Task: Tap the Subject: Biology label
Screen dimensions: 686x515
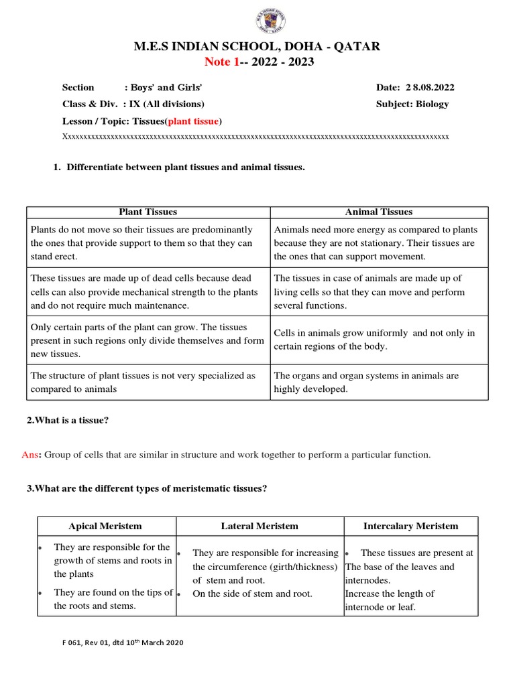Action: (x=413, y=104)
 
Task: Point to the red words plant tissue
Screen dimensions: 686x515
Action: (x=193, y=121)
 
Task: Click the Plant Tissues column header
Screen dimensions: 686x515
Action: (x=148, y=212)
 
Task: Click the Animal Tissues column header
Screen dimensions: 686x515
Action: (x=379, y=212)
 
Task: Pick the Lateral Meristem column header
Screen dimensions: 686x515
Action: (x=260, y=526)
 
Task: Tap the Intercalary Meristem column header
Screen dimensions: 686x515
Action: (x=410, y=526)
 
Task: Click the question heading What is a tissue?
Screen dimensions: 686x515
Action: (x=68, y=420)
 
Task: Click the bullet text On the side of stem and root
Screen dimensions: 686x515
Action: (x=252, y=594)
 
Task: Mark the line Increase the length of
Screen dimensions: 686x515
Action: (x=390, y=594)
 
